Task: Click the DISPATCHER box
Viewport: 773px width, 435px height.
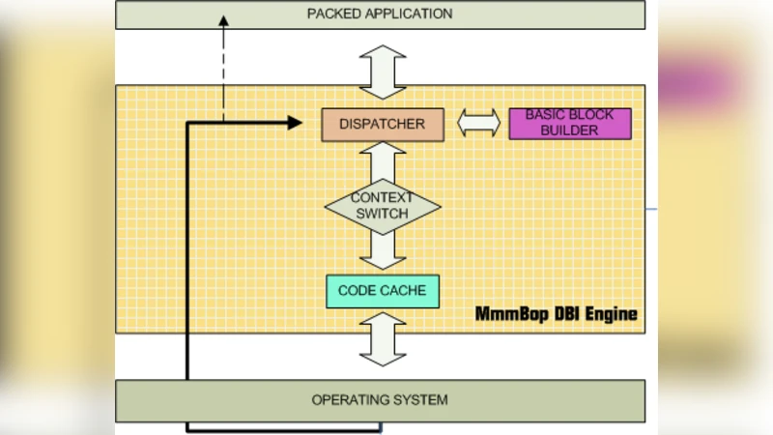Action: click(x=382, y=124)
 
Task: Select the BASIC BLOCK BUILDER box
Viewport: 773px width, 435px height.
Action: click(x=569, y=123)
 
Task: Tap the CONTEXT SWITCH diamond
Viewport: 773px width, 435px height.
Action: click(x=382, y=205)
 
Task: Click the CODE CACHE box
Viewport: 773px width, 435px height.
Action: click(x=382, y=291)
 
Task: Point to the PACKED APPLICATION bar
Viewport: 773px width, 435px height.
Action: click(x=380, y=14)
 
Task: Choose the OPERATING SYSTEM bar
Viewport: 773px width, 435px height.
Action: click(x=380, y=400)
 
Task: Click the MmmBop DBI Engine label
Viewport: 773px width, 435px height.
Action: click(x=556, y=315)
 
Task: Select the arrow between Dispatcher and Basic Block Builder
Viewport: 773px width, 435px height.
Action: click(x=478, y=123)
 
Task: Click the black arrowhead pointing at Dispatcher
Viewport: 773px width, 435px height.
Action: click(x=294, y=123)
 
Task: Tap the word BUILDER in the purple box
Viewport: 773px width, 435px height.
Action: click(x=569, y=130)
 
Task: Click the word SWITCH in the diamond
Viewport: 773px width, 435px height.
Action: click(x=382, y=214)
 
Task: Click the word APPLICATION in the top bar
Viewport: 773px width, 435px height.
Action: click(x=405, y=14)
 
